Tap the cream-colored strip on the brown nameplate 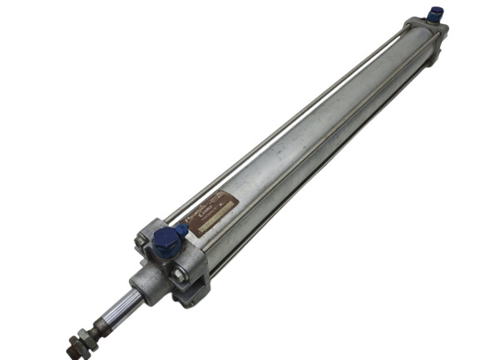pyautogui.click(x=210, y=218)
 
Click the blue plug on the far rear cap pyautogui.click(x=437, y=14)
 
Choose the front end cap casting pyautogui.click(x=179, y=262)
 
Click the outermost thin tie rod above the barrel pyautogui.click(x=283, y=125)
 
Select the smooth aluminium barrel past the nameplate pyautogui.click(x=333, y=116)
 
